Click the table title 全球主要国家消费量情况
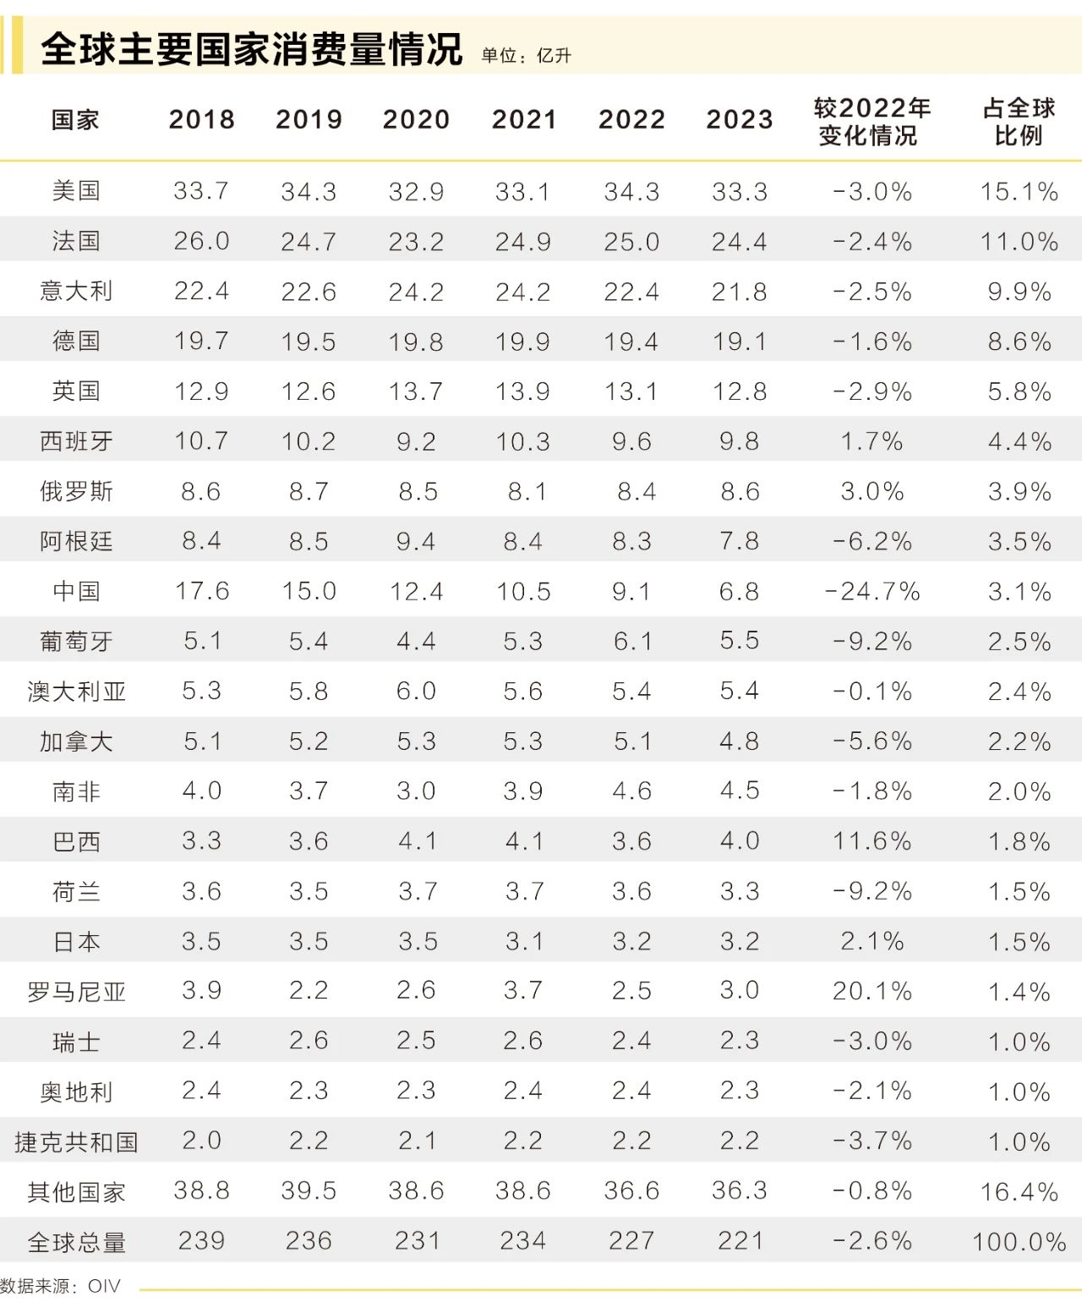point(251,49)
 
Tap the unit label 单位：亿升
point(526,56)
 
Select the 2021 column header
point(524,119)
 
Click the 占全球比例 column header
point(1019,121)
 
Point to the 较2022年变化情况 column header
point(872,121)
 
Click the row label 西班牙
point(76,441)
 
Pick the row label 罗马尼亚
point(76,991)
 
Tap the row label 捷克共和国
point(76,1141)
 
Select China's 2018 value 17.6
point(201,591)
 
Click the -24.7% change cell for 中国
point(872,591)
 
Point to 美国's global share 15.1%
point(1019,192)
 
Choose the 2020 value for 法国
point(416,242)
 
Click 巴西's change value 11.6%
point(872,841)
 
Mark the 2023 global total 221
point(740,1241)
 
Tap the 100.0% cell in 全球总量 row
point(1019,1242)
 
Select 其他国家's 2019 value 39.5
point(309,1191)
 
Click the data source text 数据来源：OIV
point(60,1286)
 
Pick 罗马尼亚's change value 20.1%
point(872,991)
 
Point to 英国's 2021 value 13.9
point(523,391)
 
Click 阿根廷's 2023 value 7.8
point(740,541)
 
